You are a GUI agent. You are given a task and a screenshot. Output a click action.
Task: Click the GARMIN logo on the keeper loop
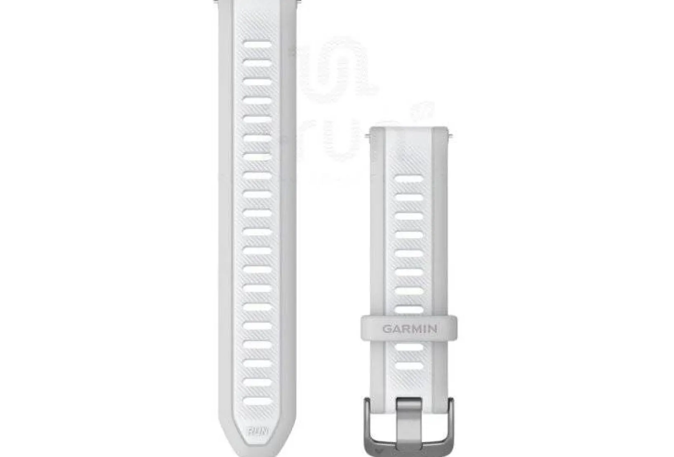410,329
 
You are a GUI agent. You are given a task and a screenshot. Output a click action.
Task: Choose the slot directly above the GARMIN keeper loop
409,309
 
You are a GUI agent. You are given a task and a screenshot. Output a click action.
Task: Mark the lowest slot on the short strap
409,366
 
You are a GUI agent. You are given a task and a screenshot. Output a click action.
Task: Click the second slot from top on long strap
257,63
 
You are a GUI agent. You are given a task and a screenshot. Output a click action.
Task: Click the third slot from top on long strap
257,82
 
